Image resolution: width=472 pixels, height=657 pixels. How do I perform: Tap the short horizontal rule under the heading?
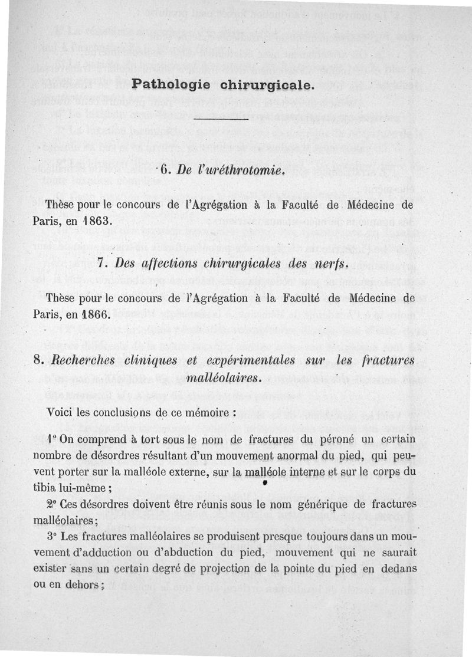[x=218, y=120]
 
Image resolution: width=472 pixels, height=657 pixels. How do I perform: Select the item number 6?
[x=165, y=171]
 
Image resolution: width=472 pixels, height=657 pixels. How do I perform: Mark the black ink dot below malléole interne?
[x=265, y=482]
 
